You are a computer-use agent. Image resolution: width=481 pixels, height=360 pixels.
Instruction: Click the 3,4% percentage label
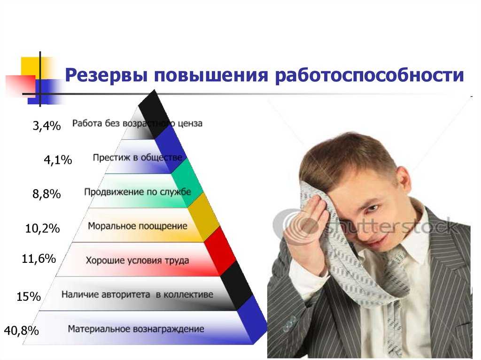point(47,126)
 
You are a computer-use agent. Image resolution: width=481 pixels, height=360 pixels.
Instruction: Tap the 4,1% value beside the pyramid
point(58,160)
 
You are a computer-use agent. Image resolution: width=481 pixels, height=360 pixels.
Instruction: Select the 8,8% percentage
point(47,194)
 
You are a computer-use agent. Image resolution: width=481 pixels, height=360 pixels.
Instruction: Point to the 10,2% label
point(42,228)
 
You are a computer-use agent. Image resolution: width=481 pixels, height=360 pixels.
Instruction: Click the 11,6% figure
point(39,259)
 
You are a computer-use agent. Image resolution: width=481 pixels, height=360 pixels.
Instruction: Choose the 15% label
point(29,297)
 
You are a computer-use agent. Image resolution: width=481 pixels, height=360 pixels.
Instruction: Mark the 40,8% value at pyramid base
point(22,330)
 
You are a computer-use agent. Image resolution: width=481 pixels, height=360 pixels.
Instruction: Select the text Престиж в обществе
point(138,158)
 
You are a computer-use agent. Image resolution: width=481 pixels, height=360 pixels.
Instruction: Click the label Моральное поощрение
point(138,226)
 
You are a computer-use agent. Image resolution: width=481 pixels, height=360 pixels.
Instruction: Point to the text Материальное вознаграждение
point(136,329)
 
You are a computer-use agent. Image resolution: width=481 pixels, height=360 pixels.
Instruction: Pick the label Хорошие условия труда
point(137,260)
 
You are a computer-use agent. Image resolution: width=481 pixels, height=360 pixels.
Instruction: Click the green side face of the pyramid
point(187,183)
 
